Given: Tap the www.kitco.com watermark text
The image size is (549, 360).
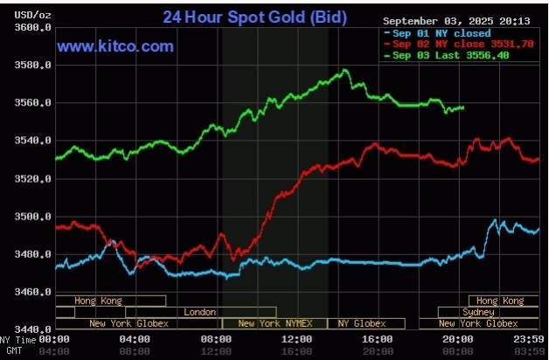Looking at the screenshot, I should tap(116, 46).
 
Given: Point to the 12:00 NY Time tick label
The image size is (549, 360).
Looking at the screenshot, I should tap(297, 339).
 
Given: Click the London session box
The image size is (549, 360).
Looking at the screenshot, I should tap(200, 312).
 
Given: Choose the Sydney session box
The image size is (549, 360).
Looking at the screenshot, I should tap(478, 312).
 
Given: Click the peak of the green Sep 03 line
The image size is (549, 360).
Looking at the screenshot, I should tap(346, 70).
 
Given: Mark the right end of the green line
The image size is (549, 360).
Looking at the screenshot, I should tap(463, 107).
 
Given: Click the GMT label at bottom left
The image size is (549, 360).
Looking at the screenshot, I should tap(15, 350).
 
